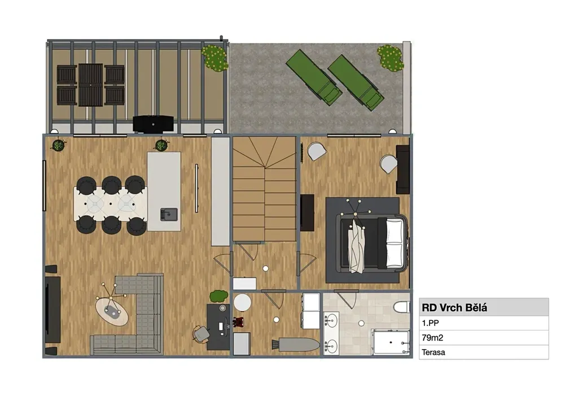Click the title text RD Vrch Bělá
454,307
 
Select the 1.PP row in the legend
484,323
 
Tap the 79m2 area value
432,337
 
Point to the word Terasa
433,352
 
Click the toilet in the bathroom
401,307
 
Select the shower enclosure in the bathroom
391,342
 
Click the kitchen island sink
169,215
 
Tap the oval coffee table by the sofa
112,312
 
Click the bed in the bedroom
373,243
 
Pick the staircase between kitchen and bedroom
265,189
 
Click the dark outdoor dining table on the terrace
91,85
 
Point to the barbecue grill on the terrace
153,124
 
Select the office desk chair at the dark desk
202,334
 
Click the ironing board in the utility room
296,345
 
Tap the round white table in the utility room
242,303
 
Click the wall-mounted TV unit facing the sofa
52,310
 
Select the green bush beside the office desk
219,296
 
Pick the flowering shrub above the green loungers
390,58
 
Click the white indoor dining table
111,204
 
